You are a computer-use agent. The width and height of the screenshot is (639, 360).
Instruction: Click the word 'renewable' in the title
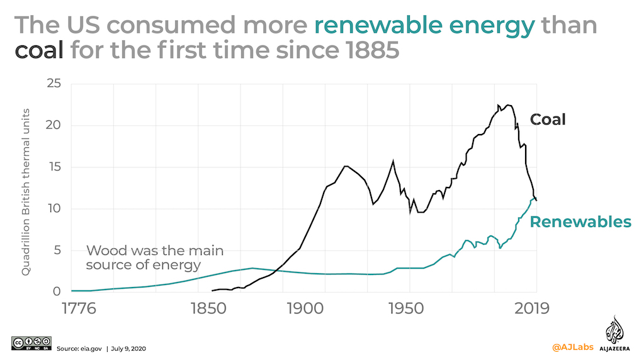pos(376,25)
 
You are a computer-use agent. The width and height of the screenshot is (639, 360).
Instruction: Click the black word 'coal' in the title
pos(39,50)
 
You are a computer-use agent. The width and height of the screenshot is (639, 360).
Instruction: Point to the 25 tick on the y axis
pos(54,84)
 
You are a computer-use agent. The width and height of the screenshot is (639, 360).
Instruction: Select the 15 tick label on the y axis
pos(54,167)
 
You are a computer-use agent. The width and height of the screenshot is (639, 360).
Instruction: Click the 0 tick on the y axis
pos(57,291)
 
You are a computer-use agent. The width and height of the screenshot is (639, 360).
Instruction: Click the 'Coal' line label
pos(548,119)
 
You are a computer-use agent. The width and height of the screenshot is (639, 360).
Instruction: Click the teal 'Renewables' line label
pos(580,222)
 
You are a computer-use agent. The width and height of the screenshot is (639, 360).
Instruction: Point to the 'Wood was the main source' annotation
pos(154,257)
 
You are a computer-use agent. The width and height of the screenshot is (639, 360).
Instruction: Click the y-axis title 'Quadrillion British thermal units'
pos(26,189)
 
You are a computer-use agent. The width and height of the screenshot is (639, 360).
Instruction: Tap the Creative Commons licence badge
pos(31,342)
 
